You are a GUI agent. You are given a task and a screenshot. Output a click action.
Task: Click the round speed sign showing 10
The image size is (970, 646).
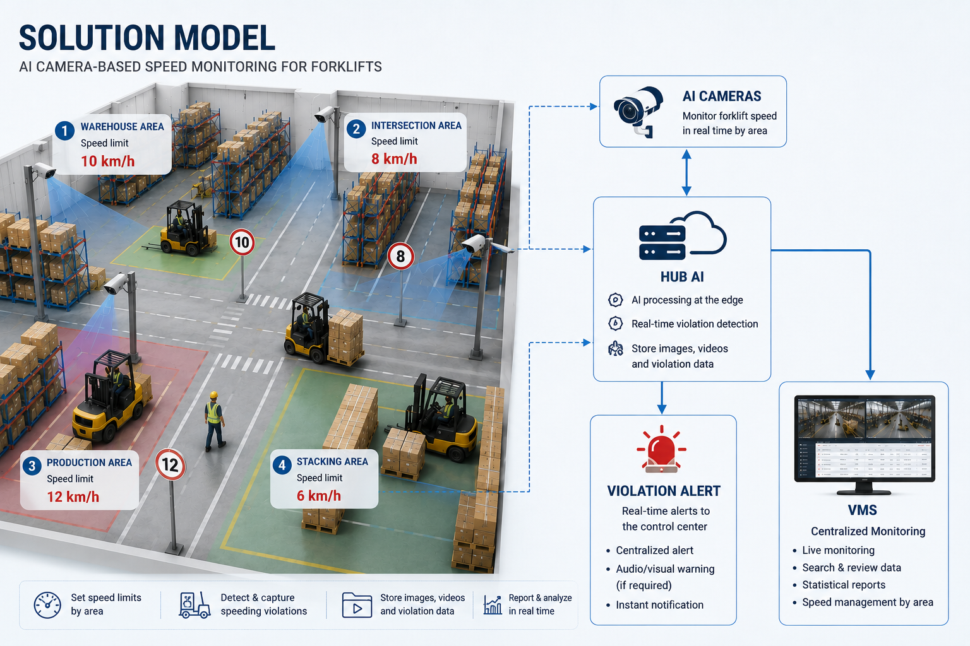[242, 242]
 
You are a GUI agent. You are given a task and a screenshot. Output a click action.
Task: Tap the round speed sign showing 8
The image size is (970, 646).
[400, 256]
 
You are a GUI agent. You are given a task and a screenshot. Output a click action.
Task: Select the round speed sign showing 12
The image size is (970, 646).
[170, 465]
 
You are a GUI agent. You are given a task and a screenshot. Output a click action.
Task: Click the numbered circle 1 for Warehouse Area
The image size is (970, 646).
[64, 130]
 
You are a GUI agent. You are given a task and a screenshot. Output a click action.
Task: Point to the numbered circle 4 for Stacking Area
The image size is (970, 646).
[282, 465]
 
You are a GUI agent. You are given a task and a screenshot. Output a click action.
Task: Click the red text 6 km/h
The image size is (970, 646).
[319, 496]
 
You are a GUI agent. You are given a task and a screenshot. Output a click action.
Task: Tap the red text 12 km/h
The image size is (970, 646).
[73, 496]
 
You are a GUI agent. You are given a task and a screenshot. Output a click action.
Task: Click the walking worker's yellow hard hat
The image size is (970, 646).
[213, 395]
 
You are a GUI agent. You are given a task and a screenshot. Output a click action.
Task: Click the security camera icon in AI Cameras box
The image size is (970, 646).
[638, 111]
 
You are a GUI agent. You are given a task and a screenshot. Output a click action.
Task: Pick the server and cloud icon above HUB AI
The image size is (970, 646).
[683, 235]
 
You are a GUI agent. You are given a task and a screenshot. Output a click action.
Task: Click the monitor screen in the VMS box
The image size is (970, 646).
[865, 438]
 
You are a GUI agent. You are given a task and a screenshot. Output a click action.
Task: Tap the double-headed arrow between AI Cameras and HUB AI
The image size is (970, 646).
[686, 172]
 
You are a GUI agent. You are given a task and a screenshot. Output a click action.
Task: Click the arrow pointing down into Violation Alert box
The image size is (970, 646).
[662, 397]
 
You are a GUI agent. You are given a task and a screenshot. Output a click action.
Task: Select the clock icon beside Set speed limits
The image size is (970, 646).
[47, 605]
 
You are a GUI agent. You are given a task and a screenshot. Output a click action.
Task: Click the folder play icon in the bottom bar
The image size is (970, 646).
[357, 605]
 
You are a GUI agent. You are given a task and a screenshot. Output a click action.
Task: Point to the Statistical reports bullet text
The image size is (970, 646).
[844, 585]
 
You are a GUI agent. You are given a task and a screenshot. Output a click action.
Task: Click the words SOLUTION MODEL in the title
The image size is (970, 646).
[147, 38]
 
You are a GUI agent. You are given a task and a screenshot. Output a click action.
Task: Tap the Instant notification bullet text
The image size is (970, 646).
[659, 605]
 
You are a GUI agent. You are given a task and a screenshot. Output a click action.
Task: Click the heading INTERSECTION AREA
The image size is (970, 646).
[416, 126]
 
